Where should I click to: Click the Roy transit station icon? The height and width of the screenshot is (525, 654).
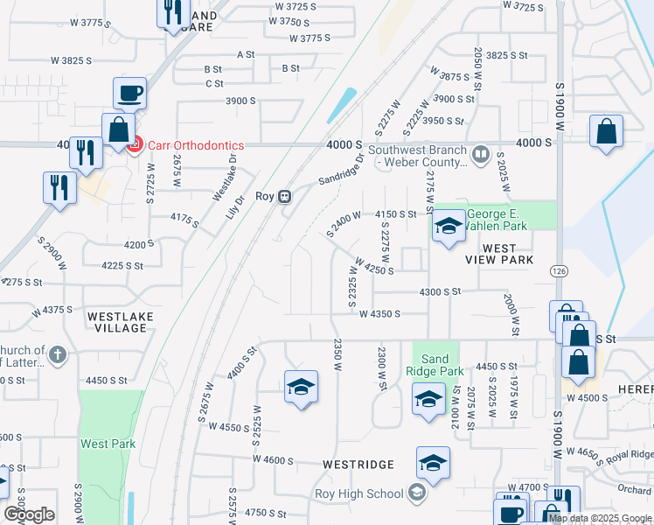pyautogui.click(x=285, y=197)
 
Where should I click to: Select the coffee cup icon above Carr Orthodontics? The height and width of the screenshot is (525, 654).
pyautogui.click(x=129, y=92)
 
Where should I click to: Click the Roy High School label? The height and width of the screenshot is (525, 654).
pyautogui.click(x=359, y=493)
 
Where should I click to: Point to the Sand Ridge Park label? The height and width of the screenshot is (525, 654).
pyautogui.click(x=435, y=365)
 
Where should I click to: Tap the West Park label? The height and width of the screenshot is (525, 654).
pyautogui.click(x=108, y=444)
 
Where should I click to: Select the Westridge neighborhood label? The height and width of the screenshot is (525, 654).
pyautogui.click(x=358, y=464)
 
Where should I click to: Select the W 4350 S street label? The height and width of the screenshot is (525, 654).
pyautogui.click(x=379, y=313)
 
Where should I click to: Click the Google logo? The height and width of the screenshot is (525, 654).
pyautogui.click(x=29, y=514)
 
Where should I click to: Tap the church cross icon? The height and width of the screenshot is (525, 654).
pyautogui.click(x=57, y=354)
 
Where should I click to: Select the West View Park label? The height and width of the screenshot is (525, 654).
pyautogui.click(x=499, y=255)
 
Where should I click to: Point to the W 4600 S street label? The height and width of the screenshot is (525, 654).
pyautogui.click(x=274, y=459)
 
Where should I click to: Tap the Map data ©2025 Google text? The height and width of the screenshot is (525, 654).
pyautogui.click(x=601, y=518)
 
